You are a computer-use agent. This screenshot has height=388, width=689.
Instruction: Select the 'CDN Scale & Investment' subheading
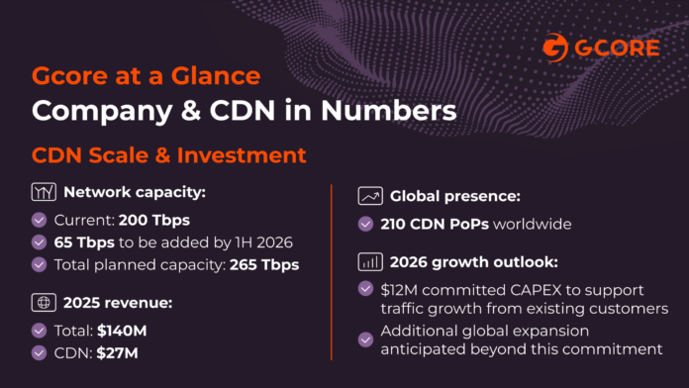(x=168, y=156)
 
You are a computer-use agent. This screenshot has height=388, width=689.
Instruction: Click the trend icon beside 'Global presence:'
(x=370, y=195)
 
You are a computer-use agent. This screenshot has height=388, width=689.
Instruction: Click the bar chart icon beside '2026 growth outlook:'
(x=370, y=262)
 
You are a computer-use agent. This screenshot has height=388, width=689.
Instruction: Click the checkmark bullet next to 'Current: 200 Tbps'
(x=40, y=220)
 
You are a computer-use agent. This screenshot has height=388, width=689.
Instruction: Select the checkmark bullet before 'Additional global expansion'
(x=368, y=339)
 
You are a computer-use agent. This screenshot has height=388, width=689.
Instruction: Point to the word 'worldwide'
(x=538, y=224)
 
